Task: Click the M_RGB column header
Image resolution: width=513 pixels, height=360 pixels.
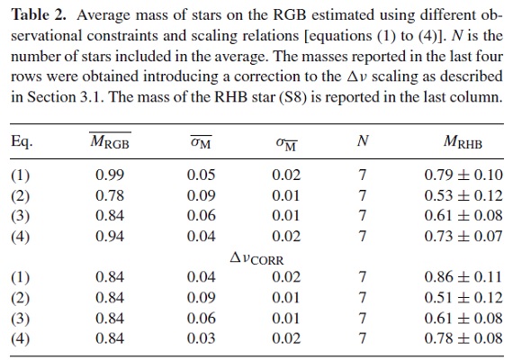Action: (x=111, y=141)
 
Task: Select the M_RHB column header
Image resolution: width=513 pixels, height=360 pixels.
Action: (x=463, y=141)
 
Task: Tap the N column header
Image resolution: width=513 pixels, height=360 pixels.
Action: (x=363, y=140)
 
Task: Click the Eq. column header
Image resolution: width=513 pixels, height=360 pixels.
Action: (x=22, y=141)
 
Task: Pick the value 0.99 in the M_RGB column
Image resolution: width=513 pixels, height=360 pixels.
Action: (x=110, y=175)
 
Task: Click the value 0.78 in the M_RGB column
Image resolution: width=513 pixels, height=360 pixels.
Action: (x=110, y=195)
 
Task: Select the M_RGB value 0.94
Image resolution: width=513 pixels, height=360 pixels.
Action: (x=110, y=236)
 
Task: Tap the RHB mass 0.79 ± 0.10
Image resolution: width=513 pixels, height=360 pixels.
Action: (x=463, y=175)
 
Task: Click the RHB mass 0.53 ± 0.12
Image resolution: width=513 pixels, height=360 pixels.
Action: (x=463, y=195)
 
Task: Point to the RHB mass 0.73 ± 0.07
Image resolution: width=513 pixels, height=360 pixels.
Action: (x=463, y=236)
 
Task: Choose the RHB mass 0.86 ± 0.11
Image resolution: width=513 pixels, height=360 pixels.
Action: (x=463, y=277)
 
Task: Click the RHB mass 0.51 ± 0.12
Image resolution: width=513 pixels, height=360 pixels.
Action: (x=463, y=298)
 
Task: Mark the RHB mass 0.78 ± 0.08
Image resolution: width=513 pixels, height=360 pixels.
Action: (x=463, y=338)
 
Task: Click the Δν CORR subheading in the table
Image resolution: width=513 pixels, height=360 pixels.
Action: (x=256, y=258)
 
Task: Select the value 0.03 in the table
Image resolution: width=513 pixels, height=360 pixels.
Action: (x=202, y=338)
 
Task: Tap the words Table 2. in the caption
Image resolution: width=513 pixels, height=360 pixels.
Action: (x=39, y=15)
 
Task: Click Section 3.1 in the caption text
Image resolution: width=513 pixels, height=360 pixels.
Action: (x=65, y=97)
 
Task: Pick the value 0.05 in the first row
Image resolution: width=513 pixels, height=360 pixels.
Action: (x=202, y=175)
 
